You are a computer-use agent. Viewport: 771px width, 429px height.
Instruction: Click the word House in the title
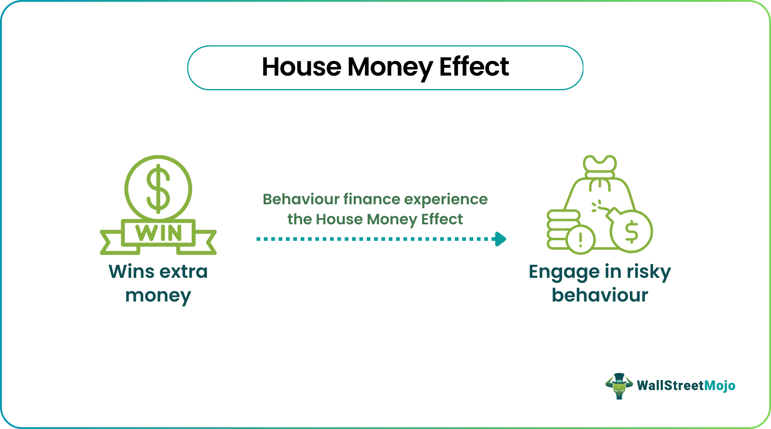[x=301, y=67]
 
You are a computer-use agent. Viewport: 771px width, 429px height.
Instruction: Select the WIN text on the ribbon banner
[x=158, y=233]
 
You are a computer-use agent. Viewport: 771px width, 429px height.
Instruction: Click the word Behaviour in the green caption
[x=301, y=199]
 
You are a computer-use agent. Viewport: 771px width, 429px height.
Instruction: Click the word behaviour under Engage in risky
[x=600, y=295]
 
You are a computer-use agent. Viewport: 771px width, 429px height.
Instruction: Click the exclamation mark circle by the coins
[x=580, y=239]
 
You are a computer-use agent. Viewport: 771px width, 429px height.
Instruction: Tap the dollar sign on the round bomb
[x=631, y=231]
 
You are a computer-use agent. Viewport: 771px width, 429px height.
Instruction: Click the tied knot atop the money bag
[x=599, y=165]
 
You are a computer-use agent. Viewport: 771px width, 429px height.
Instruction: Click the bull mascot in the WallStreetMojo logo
[x=619, y=386]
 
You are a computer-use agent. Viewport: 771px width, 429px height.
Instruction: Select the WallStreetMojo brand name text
[x=686, y=386]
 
